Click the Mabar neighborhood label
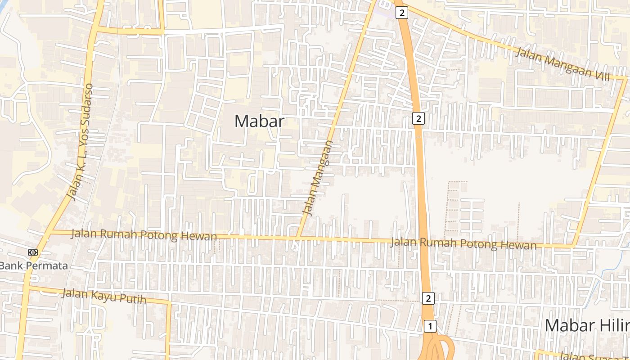point(259,121)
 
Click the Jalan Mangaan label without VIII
point(318,177)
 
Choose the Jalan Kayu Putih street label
point(104,296)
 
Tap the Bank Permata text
point(34,265)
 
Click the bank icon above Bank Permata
point(33,252)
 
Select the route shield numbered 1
point(430,326)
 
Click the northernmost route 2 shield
point(402,13)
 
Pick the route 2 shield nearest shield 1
point(428,298)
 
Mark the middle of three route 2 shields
point(418,119)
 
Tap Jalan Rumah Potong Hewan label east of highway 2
point(463,243)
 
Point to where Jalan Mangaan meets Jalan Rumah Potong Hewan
point(297,237)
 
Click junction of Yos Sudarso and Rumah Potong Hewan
point(50,232)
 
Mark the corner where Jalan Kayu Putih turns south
point(169,303)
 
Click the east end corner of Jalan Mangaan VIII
point(625,79)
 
